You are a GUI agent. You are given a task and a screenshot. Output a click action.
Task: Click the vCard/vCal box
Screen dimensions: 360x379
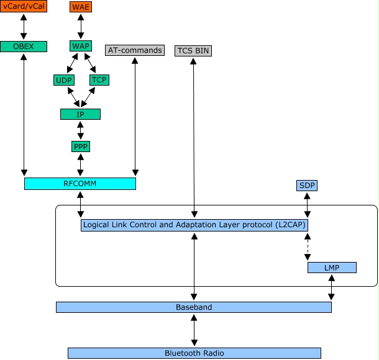pyautogui.click(x=24, y=7)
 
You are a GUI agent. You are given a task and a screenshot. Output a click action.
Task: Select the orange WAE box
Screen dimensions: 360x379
pyautogui.click(x=80, y=7)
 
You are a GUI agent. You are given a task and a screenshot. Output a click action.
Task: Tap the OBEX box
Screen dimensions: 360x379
pyautogui.click(x=24, y=46)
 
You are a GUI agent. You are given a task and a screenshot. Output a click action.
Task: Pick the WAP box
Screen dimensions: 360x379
pyautogui.click(x=80, y=46)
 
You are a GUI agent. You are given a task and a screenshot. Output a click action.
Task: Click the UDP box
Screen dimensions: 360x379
pyautogui.click(x=64, y=80)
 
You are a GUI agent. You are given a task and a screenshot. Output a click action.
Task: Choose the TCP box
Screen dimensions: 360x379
pyautogui.click(x=99, y=80)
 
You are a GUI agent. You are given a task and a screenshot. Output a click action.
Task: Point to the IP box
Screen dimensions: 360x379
pyautogui.click(x=80, y=114)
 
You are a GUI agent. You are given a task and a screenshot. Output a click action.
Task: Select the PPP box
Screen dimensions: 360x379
pyautogui.click(x=80, y=146)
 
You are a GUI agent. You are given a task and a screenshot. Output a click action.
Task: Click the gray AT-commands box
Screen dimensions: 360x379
pyautogui.click(x=135, y=50)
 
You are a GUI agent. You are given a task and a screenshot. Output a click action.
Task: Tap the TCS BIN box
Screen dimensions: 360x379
pyautogui.click(x=193, y=50)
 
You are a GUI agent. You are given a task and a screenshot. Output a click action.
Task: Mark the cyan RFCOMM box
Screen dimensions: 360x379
pyautogui.click(x=80, y=184)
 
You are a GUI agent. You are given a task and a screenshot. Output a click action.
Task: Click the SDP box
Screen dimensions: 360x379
pyautogui.click(x=307, y=186)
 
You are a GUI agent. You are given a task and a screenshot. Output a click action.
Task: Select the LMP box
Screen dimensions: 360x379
pyautogui.click(x=332, y=268)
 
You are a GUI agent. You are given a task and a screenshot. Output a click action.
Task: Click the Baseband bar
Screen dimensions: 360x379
pyautogui.click(x=193, y=307)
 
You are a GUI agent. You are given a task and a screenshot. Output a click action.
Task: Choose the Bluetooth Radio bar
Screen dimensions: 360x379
pyautogui.click(x=194, y=353)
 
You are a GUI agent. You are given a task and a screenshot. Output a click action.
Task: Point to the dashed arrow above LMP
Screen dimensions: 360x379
pyautogui.click(x=307, y=246)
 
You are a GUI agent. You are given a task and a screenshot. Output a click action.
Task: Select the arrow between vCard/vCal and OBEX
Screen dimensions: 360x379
pyautogui.click(x=24, y=27)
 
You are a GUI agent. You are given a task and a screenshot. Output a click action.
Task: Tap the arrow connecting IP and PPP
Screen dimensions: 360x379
pyautogui.click(x=80, y=130)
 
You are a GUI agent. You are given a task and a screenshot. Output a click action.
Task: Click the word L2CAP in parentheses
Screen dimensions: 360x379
pyautogui.click(x=290, y=225)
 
